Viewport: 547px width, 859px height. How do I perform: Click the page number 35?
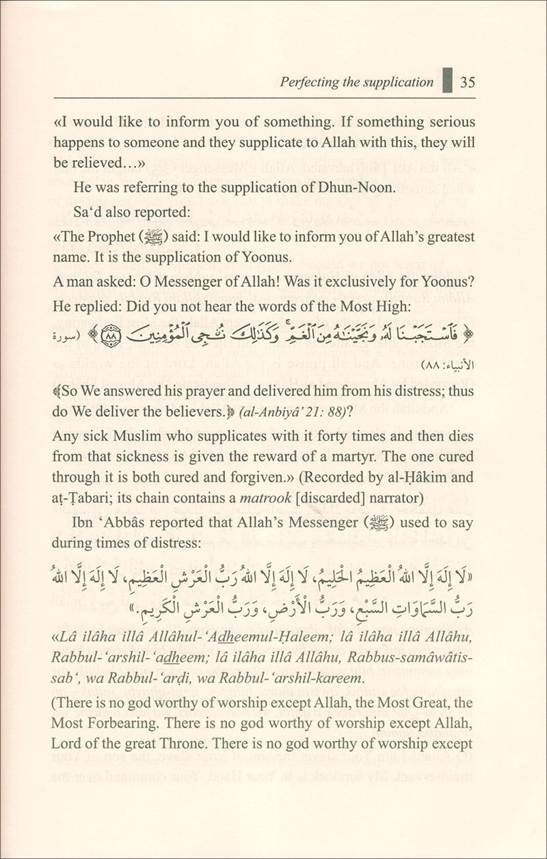468,83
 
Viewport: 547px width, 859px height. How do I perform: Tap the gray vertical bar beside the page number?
446,81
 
